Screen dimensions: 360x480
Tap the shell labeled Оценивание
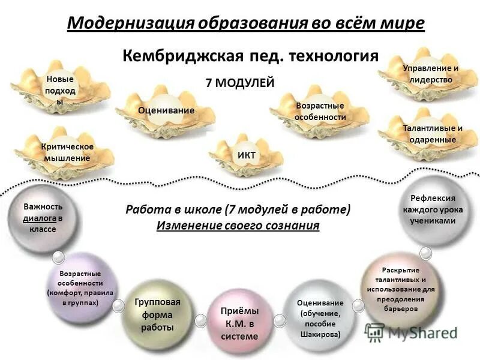[166, 110]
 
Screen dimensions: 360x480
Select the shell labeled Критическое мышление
[66, 152]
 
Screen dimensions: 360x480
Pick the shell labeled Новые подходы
[59, 90]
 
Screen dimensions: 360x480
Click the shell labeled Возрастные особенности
[320, 112]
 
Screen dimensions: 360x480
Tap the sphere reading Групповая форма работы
[157, 314]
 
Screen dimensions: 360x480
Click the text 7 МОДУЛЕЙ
[240, 83]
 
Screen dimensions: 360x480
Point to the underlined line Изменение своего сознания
[238, 226]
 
